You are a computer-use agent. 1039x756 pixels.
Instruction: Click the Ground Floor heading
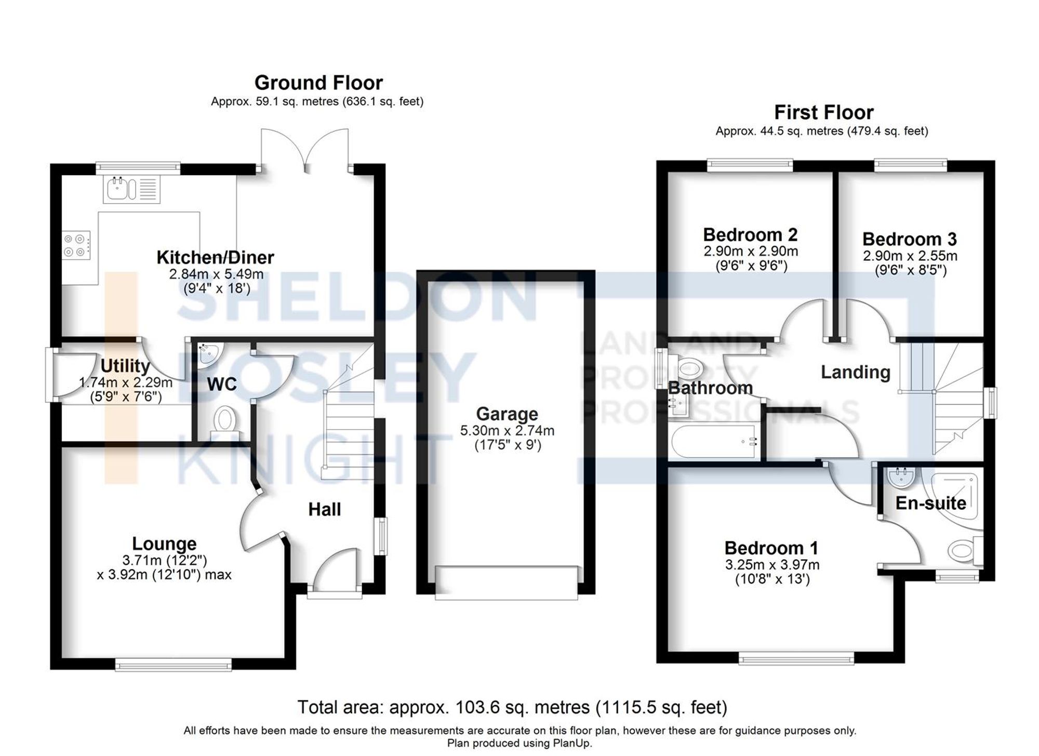click(318, 83)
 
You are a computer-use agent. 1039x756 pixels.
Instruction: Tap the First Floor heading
click(823, 112)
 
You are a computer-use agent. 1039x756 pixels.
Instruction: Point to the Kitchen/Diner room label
click(215, 257)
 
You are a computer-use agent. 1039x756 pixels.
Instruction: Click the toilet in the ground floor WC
click(224, 421)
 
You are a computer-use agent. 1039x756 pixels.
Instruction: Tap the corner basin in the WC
click(208, 353)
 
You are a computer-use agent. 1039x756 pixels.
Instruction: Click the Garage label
click(507, 414)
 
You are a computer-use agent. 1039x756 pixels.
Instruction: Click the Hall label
click(324, 509)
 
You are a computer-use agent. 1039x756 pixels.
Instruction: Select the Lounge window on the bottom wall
click(173, 665)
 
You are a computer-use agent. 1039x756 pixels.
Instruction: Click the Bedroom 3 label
click(909, 239)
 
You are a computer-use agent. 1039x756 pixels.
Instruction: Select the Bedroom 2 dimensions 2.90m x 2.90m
click(750, 252)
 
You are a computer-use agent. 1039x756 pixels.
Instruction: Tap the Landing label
click(855, 372)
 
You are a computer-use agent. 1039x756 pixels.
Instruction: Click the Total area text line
click(512, 707)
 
